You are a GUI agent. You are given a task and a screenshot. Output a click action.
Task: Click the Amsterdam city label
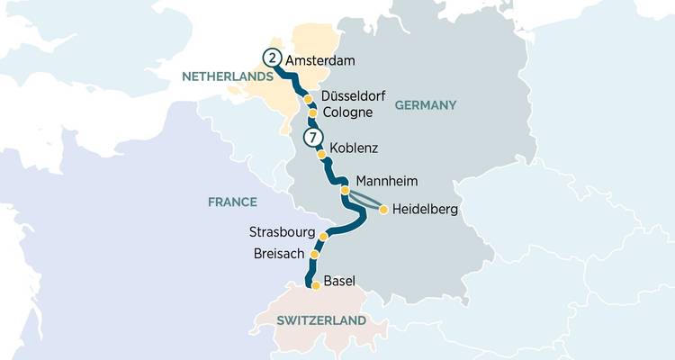[321, 60]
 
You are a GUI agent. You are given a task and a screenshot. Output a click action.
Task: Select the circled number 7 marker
[312, 138]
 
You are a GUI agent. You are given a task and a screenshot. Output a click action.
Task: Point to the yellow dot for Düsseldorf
[307, 99]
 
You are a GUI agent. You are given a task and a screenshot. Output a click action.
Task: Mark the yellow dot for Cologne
[312, 113]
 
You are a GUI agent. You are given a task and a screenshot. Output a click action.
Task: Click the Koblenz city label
[354, 146]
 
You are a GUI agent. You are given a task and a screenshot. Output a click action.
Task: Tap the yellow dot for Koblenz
[321, 154]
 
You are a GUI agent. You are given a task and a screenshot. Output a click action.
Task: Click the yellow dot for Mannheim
[345, 190]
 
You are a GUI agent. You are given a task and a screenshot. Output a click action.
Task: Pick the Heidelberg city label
[426, 210]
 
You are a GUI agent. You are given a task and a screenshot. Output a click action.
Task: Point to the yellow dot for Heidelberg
[383, 210]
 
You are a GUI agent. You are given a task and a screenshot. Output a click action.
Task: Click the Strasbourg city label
[283, 233]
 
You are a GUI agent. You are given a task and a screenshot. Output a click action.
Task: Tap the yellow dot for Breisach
[314, 255]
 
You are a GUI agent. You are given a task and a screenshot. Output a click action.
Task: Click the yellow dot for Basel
[316, 285]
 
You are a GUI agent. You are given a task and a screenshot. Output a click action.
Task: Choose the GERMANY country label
[426, 105]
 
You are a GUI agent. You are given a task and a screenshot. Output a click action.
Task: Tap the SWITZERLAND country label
[321, 320]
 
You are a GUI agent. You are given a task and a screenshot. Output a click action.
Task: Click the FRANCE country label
[232, 202]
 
